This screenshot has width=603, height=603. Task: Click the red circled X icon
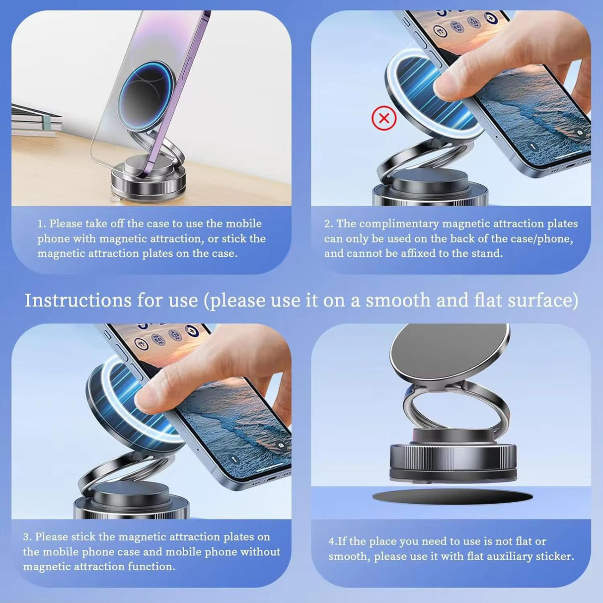(384, 119)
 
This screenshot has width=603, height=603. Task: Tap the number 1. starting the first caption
(42, 224)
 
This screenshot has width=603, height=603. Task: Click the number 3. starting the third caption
(27, 537)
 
